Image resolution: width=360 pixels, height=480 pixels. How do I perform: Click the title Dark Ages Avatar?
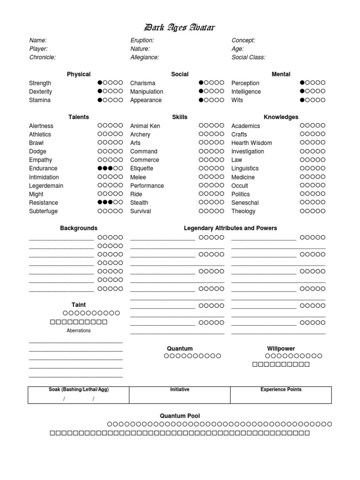180,28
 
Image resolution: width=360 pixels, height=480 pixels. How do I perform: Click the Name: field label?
38,40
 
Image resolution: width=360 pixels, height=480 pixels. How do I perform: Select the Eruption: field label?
142,40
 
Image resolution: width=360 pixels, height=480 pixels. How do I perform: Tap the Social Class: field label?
248,57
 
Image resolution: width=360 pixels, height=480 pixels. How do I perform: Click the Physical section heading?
79,74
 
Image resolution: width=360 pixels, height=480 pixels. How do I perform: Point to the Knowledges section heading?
281,117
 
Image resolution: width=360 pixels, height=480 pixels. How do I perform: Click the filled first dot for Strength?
100,82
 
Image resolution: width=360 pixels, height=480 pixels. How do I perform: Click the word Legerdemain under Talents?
46,186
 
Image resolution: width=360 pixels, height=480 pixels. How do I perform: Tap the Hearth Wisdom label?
252,142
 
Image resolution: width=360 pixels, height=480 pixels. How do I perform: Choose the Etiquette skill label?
142,168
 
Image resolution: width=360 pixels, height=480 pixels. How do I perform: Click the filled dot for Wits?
302,100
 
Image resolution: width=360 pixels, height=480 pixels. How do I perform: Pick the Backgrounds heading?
79,228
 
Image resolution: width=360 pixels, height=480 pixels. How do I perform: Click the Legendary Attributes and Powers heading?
230,228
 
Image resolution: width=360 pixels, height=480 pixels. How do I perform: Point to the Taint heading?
79,305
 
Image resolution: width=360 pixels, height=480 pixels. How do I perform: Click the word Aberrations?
79,330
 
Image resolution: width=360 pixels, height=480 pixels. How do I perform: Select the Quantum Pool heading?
180,416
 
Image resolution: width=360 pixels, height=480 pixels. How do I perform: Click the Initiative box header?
180,390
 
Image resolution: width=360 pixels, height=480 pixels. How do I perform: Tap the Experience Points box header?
281,390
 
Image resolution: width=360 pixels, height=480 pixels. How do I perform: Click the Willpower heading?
281,348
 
